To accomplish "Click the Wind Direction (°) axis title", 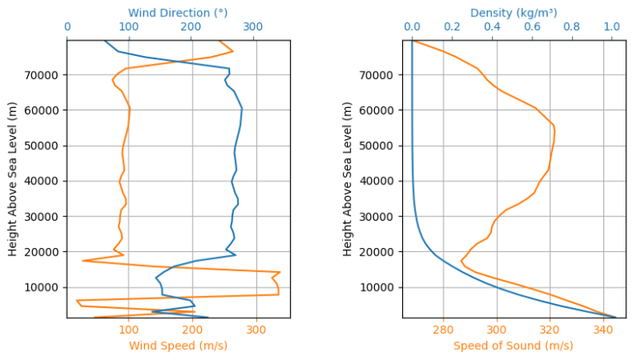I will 177,12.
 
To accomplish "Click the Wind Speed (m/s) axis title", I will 177,346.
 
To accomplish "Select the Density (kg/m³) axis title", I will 513,12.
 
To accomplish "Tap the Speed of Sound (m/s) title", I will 513,346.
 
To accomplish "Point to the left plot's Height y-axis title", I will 13,179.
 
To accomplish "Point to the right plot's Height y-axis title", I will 349,179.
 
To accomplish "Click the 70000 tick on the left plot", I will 45,75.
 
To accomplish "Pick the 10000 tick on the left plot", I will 45,288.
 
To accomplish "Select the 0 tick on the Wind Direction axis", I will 67,27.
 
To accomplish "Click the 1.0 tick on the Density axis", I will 612,27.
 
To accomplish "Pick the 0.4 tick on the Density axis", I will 492,27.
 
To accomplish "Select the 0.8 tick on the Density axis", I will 572,27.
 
